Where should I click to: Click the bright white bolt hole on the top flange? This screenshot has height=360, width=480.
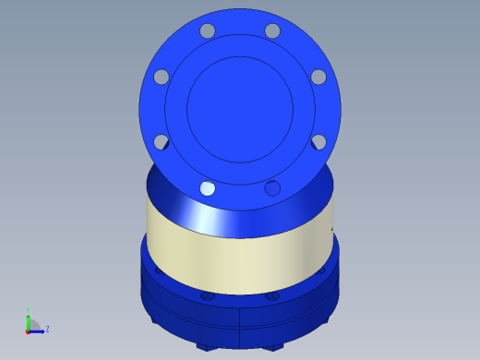(x=208, y=188)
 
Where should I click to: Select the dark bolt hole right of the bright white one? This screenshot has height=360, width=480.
(x=272, y=188)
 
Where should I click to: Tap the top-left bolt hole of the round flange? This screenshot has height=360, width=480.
(x=208, y=31)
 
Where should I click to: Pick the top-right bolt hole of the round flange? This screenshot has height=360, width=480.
(x=272, y=31)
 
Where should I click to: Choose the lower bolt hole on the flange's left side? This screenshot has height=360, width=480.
(x=162, y=142)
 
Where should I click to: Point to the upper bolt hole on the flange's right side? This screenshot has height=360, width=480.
(x=318, y=77)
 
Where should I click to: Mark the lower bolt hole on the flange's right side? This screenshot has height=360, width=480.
(x=318, y=142)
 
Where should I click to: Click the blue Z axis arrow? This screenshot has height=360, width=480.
(x=38, y=330)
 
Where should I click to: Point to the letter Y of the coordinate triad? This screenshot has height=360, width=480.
(x=29, y=310)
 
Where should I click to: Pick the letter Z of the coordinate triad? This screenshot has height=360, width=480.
(x=47, y=329)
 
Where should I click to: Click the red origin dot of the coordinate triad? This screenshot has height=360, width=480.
(x=28, y=330)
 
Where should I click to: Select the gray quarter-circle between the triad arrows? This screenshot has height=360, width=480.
(x=33, y=325)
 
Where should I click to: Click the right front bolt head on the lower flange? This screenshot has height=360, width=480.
(x=273, y=296)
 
